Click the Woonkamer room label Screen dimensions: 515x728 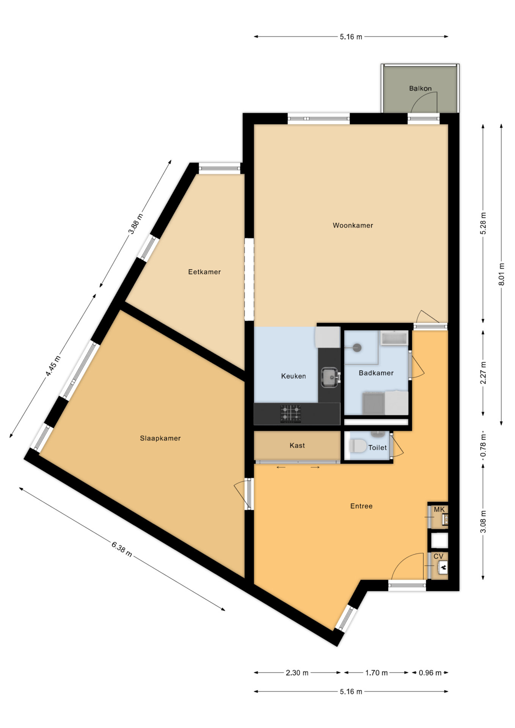(x=353, y=225)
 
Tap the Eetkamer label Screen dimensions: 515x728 (x=204, y=272)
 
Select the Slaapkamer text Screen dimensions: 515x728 (x=160, y=438)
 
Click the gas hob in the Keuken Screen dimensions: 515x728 (x=291, y=414)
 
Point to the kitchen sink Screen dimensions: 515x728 (x=329, y=378)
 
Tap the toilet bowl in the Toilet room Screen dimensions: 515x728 (x=358, y=446)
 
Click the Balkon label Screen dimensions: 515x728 (x=420, y=88)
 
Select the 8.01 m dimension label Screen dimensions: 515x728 (x=501, y=274)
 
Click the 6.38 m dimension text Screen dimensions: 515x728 (x=122, y=549)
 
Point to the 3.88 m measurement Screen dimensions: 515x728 (x=136, y=224)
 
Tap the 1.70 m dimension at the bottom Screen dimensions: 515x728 (x=376, y=673)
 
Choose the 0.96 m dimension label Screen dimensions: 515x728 (x=430, y=673)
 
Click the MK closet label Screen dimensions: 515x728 (x=439, y=510)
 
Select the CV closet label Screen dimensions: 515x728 (x=438, y=556)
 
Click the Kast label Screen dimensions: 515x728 (x=297, y=446)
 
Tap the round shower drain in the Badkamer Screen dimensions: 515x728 (x=357, y=347)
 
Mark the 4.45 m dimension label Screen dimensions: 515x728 (x=53, y=366)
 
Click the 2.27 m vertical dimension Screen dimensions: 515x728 (x=483, y=372)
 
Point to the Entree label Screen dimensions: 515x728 (x=361, y=506)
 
